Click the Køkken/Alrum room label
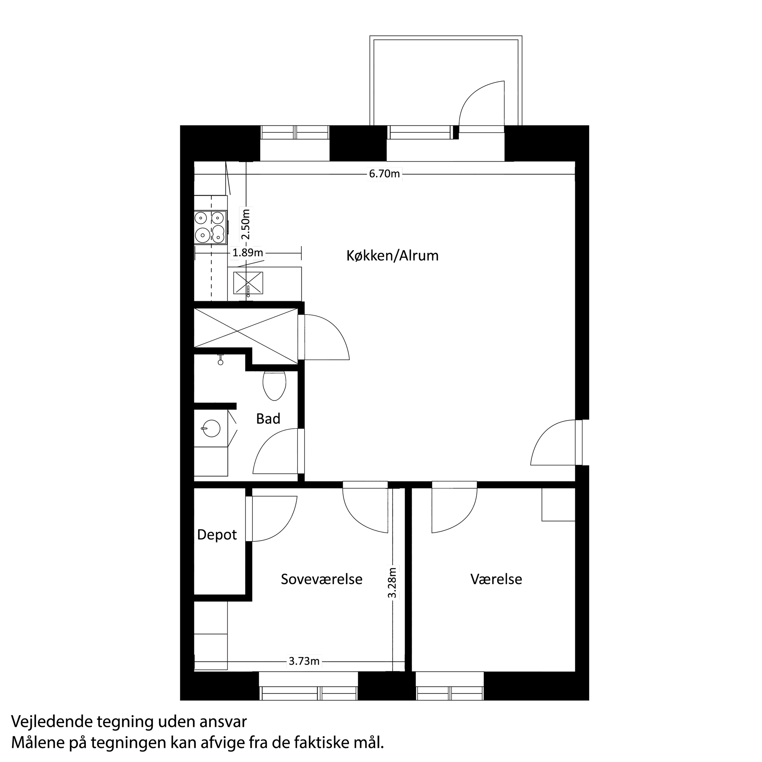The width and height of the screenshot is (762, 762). [392, 256]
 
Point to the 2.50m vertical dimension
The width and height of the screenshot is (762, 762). [246, 224]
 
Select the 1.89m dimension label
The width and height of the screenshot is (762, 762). [248, 253]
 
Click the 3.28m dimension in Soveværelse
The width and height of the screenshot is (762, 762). [392, 583]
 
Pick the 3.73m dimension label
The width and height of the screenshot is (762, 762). [304, 661]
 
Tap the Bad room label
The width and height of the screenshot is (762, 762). [268, 418]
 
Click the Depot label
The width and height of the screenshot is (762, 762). [217, 535]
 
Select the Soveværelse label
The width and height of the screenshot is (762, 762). [321, 579]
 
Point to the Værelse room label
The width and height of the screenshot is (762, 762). [496, 579]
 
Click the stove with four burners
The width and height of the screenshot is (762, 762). [211, 228]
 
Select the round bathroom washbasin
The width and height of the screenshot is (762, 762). [211, 428]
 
